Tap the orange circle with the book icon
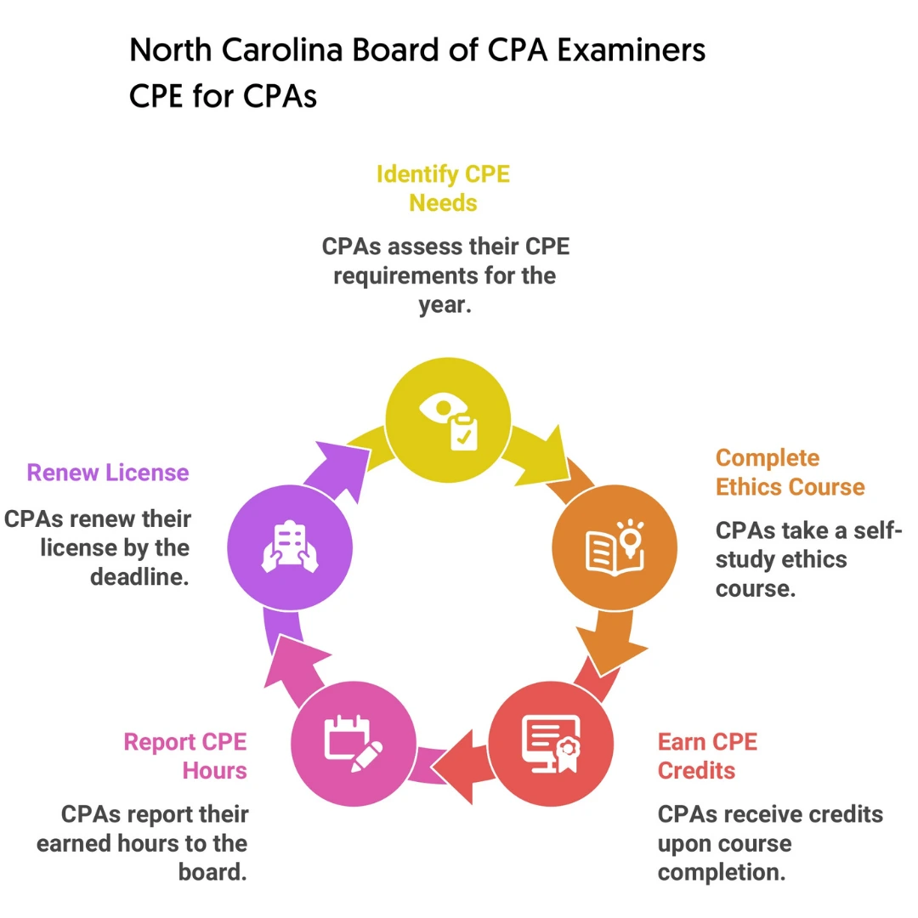[615, 547]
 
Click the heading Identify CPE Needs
[443, 189]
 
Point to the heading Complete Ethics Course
[790, 473]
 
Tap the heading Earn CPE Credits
[707, 756]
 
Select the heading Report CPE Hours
[185, 756]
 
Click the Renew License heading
[108, 473]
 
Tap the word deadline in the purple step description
[140, 577]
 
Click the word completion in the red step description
[722, 872]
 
